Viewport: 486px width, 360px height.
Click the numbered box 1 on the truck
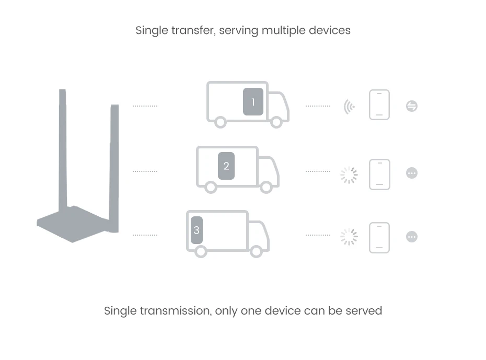coord(253,102)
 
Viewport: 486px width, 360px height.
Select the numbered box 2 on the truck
coord(226,166)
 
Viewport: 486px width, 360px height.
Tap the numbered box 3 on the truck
coord(196,230)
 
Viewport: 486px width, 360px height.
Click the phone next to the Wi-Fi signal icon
coord(379,105)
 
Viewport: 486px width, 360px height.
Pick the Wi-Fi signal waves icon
coord(349,107)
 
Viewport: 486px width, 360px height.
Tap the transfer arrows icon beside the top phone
coord(412,106)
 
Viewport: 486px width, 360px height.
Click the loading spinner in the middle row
coord(349,175)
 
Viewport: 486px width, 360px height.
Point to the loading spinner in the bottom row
coord(349,237)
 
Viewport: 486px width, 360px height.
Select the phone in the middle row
coord(379,174)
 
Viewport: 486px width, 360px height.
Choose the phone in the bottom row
coord(379,238)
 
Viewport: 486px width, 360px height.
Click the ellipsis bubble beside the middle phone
coord(412,173)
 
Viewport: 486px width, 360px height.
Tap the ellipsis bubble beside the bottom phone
coord(412,237)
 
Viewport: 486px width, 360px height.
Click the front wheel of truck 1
coord(276,122)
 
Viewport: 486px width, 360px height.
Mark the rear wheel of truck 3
coord(201,251)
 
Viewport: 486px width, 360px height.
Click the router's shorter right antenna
coord(114,157)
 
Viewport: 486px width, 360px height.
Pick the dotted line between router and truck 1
coord(145,106)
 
